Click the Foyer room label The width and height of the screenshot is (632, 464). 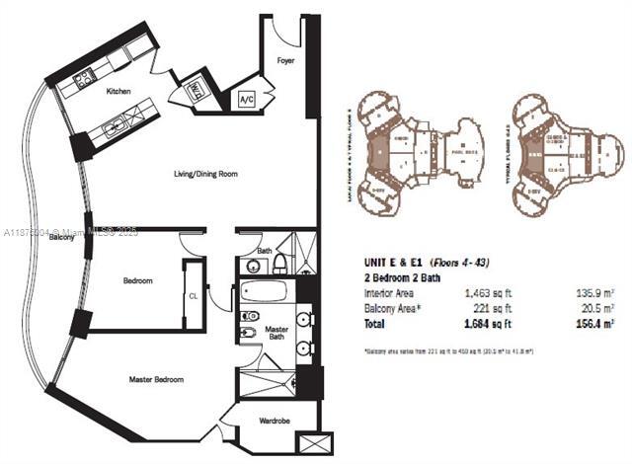coord(284,58)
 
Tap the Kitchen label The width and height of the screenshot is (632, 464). coord(119,91)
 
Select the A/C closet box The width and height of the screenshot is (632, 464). coord(245,100)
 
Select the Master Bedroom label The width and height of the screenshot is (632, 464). coord(156,379)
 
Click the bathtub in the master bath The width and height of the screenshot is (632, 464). coord(263,293)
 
